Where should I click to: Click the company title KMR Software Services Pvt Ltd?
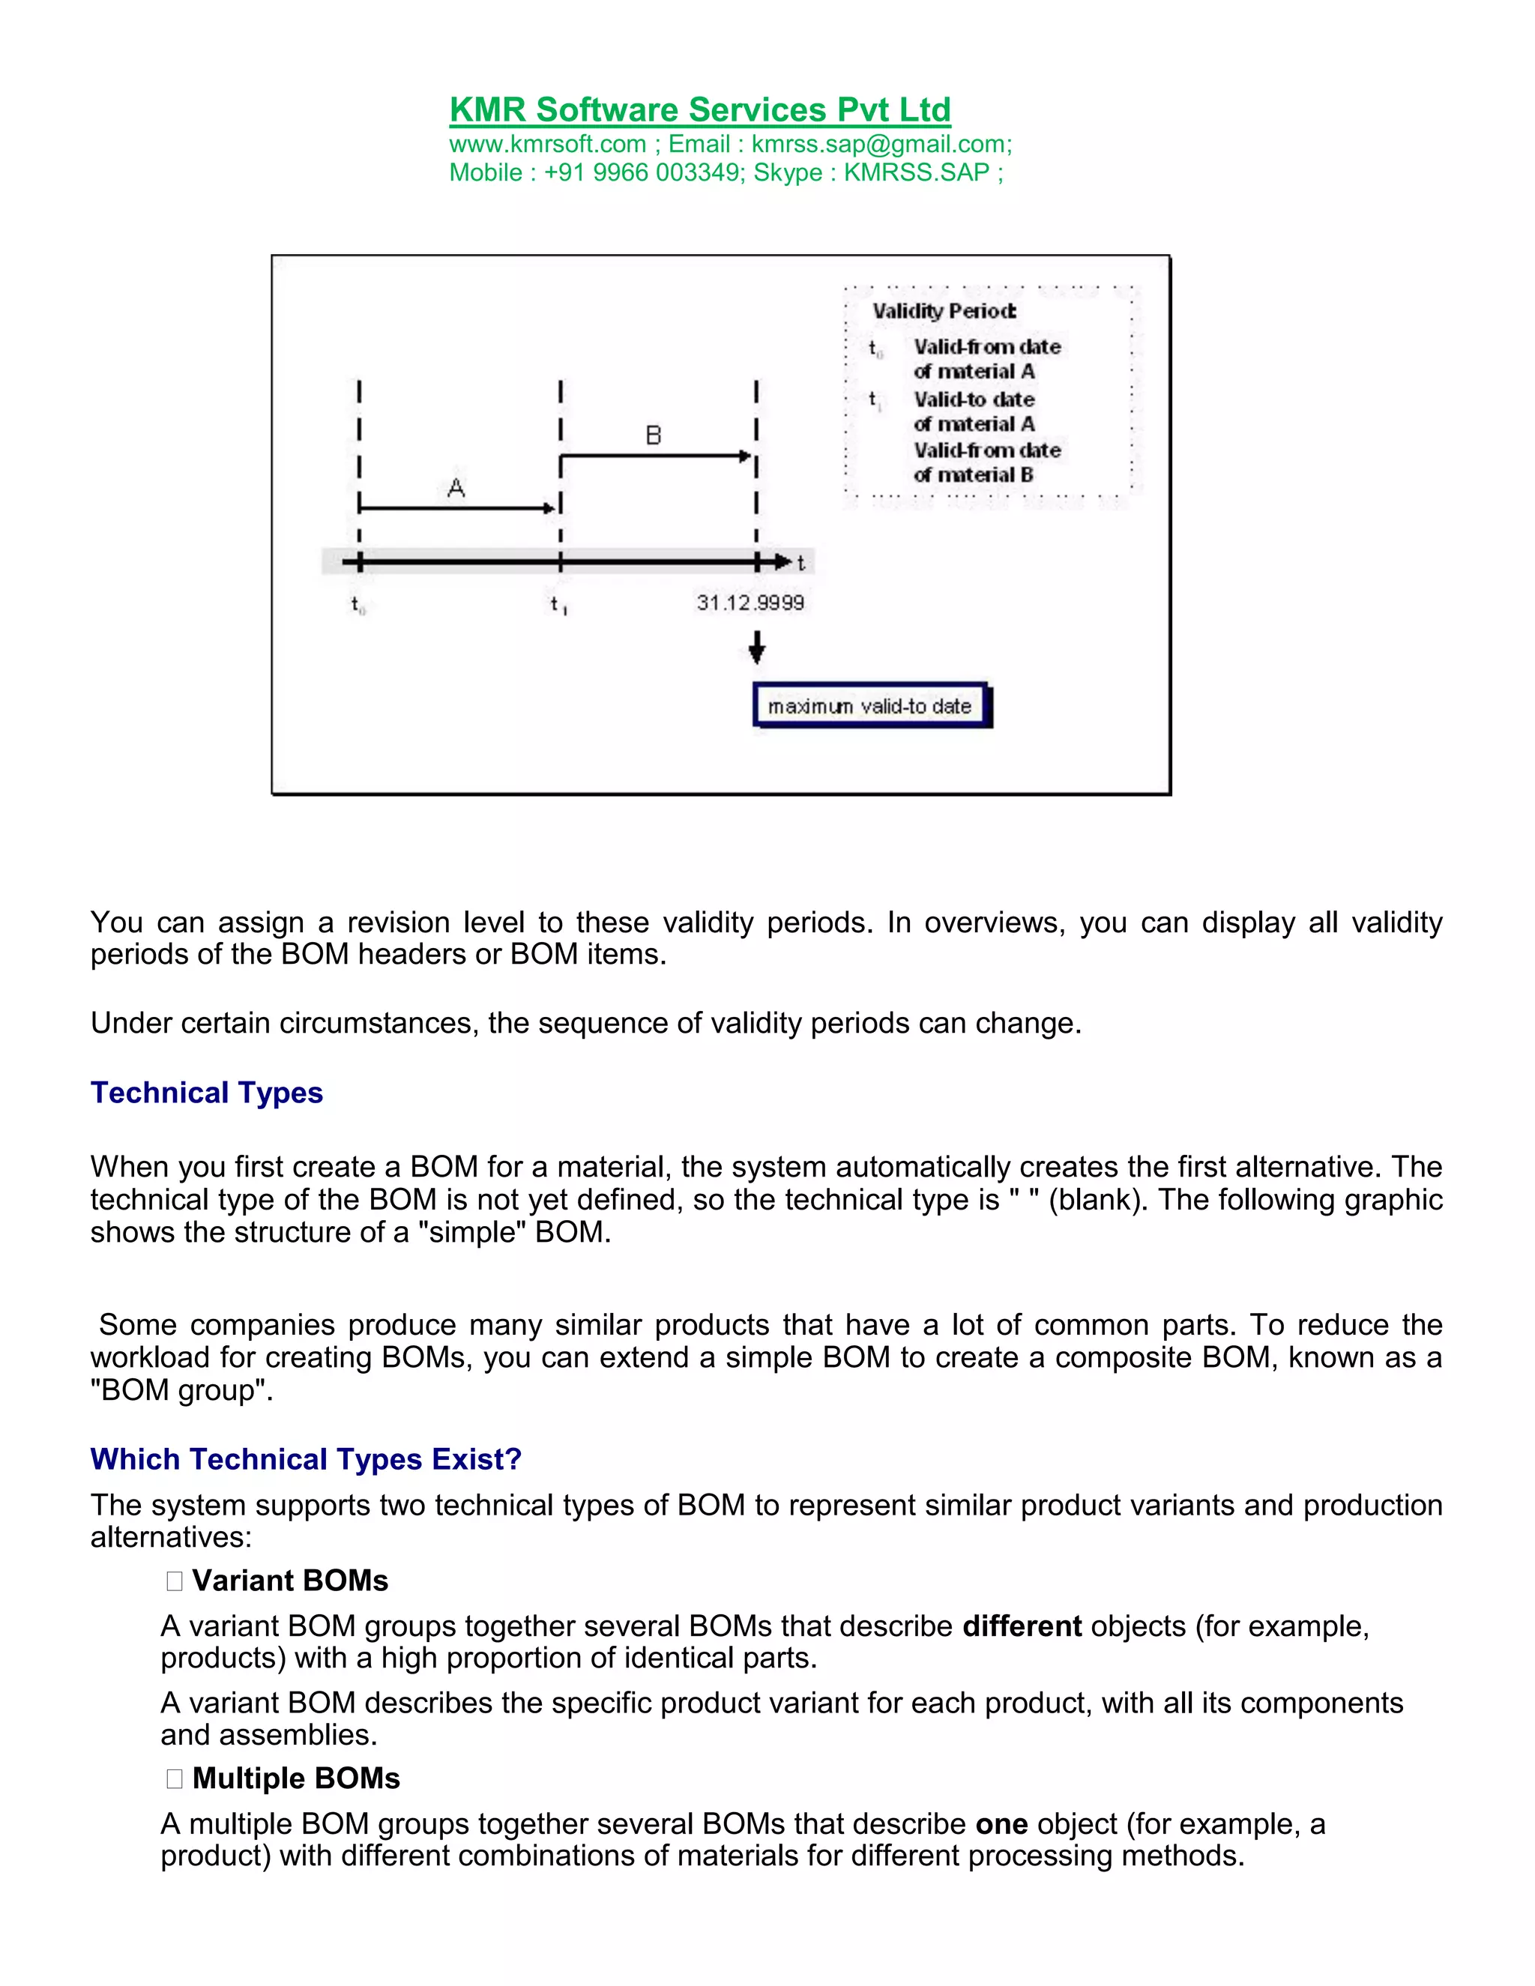point(699,110)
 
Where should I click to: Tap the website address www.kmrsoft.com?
point(547,145)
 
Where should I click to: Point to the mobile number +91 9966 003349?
point(643,173)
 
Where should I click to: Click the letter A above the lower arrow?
point(456,489)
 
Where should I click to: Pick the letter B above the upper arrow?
point(653,435)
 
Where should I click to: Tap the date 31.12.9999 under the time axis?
point(750,603)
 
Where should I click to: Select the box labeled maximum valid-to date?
point(870,706)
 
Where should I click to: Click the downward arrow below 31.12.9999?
point(756,648)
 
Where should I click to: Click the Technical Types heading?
point(206,1092)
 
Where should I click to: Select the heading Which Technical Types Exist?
point(306,1458)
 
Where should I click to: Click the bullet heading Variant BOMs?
point(289,1581)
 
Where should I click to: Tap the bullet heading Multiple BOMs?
point(295,1778)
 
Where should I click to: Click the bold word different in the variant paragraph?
point(1022,1626)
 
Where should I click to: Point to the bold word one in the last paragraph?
point(1001,1823)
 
